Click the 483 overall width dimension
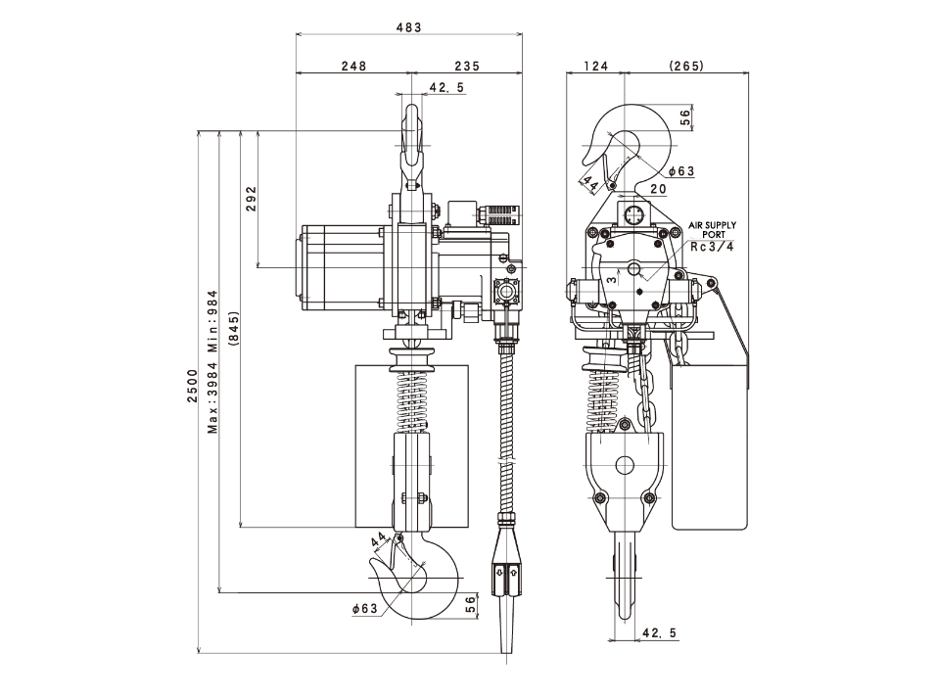pos(409,27)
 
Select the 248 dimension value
pos(354,67)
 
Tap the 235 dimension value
pos(467,67)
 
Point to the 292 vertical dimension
pos(251,199)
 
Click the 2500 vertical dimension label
pos(192,386)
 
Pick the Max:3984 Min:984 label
pos(212,361)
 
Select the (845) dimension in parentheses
pos(233,329)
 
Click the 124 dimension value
pos(595,66)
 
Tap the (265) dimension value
pos(686,66)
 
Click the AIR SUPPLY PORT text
pos(713,230)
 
